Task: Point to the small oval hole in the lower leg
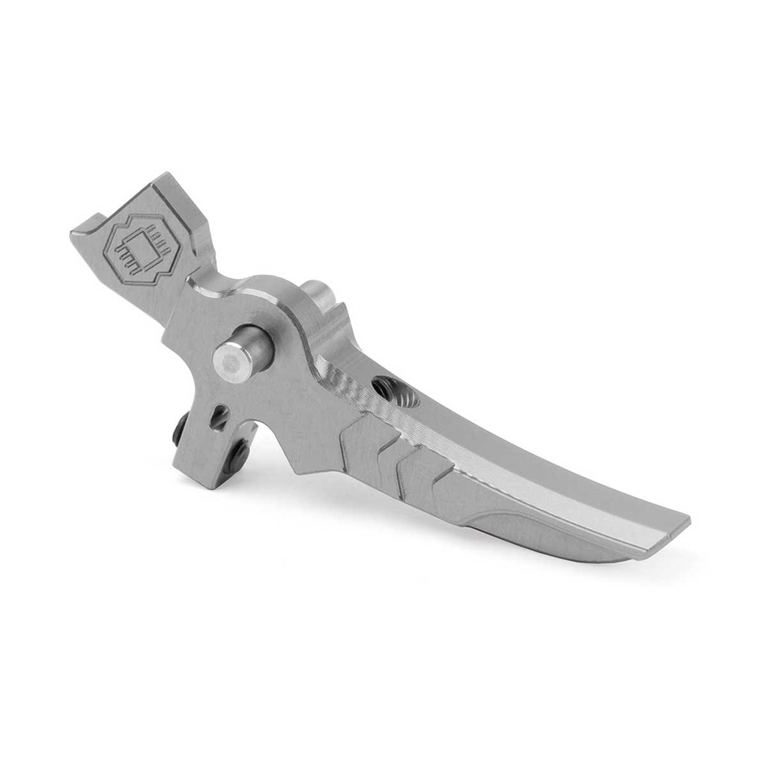coord(219,417)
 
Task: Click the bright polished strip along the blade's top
coord(524,479)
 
